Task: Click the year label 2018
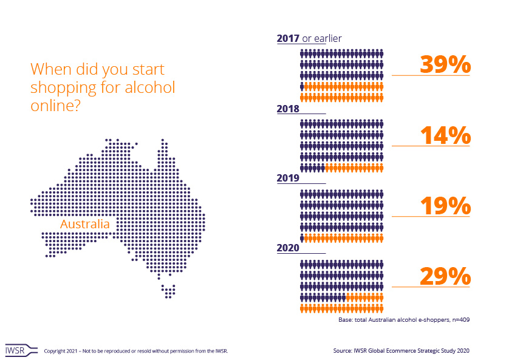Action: pyautogui.click(x=288, y=109)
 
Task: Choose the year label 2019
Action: pyautogui.click(x=288, y=178)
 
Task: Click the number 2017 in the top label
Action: pyautogui.click(x=289, y=38)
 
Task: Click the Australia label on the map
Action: pyautogui.click(x=85, y=224)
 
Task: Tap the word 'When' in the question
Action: pyautogui.click(x=49, y=69)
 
